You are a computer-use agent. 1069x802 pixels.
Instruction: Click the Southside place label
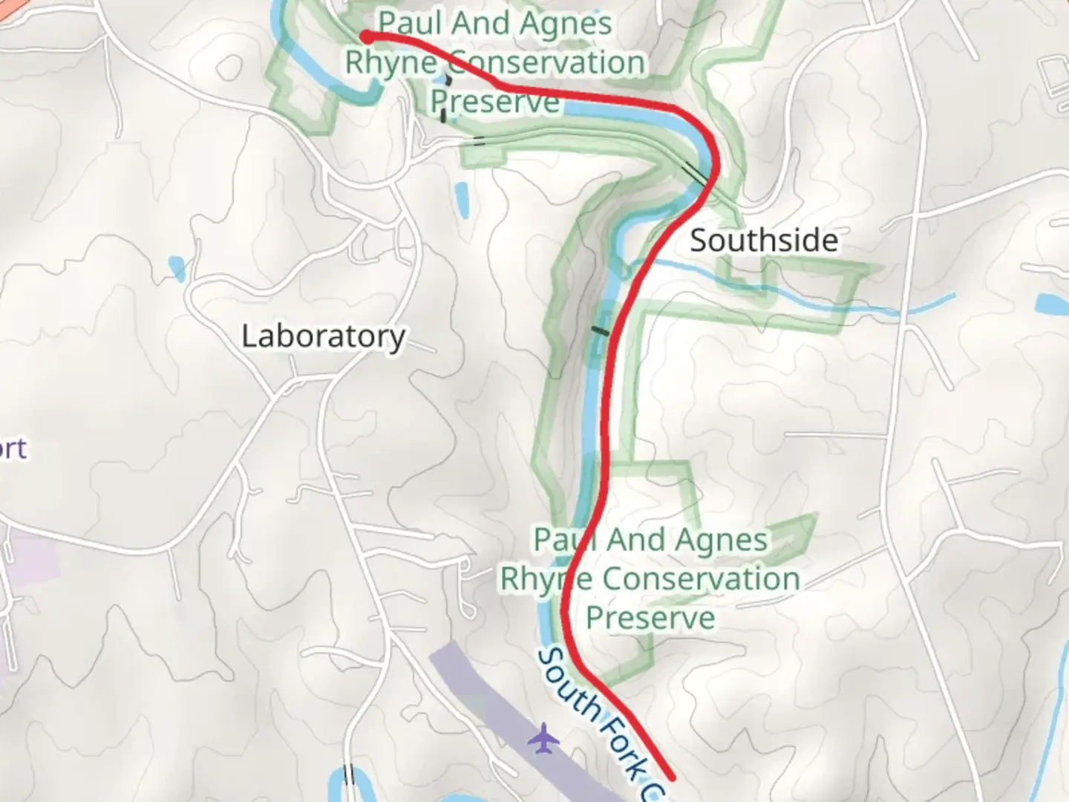[764, 241]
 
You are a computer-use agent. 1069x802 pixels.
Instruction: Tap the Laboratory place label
[323, 336]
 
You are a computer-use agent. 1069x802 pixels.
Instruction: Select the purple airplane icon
[545, 739]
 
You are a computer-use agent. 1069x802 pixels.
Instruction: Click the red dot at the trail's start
[366, 36]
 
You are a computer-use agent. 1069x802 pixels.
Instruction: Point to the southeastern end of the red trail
[671, 777]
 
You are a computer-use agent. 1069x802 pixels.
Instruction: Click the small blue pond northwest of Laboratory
[177, 267]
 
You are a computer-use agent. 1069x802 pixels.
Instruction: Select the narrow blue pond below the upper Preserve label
[461, 198]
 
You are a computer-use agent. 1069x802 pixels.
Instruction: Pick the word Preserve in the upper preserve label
[495, 102]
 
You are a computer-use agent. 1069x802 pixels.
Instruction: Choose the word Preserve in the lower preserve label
[650, 618]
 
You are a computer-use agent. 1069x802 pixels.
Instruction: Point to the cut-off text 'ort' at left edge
[13, 449]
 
